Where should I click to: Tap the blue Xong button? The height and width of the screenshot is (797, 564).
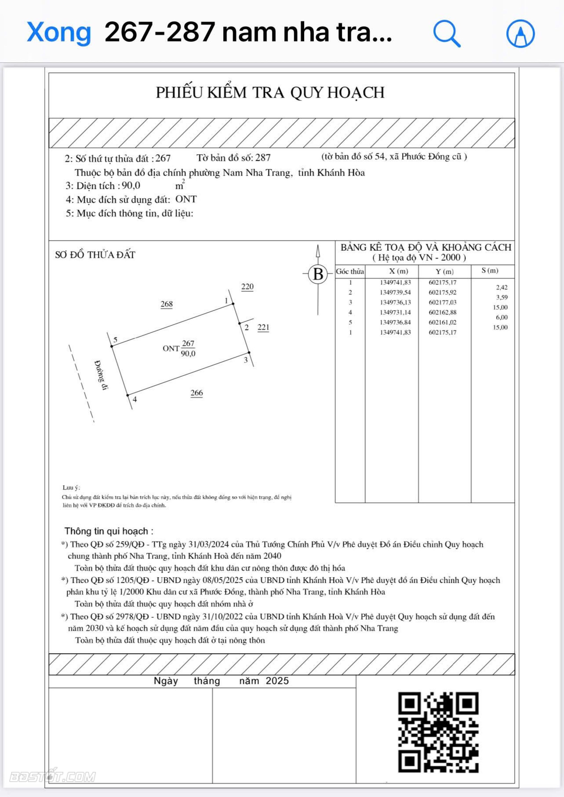pyautogui.click(x=59, y=32)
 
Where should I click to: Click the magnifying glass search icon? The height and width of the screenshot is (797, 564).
pyautogui.click(x=447, y=33)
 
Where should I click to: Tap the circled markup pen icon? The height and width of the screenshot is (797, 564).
pyautogui.click(x=520, y=33)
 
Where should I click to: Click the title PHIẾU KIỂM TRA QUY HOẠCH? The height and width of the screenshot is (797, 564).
pyautogui.click(x=270, y=93)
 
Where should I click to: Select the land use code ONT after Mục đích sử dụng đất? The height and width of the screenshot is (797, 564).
pyautogui.click(x=186, y=199)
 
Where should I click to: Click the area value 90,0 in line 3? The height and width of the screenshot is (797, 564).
pyautogui.click(x=131, y=186)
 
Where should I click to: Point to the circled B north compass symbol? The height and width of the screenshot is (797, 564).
pyautogui.click(x=318, y=274)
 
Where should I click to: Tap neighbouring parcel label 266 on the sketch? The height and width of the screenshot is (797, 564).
pyautogui.click(x=197, y=393)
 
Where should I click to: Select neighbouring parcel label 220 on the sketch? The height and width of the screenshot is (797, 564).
pyautogui.click(x=247, y=287)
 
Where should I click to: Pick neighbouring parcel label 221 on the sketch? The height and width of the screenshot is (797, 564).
pyautogui.click(x=263, y=327)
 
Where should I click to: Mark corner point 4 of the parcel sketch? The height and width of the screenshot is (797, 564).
pyautogui.click(x=128, y=395)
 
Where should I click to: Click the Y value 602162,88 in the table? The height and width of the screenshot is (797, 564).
pyautogui.click(x=442, y=312)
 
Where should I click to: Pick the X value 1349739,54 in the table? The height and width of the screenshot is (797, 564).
pyautogui.click(x=395, y=292)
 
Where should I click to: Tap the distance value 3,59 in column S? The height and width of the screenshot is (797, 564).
pyautogui.click(x=501, y=297)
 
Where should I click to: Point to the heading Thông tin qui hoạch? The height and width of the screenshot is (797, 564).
pyautogui.click(x=109, y=531)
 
